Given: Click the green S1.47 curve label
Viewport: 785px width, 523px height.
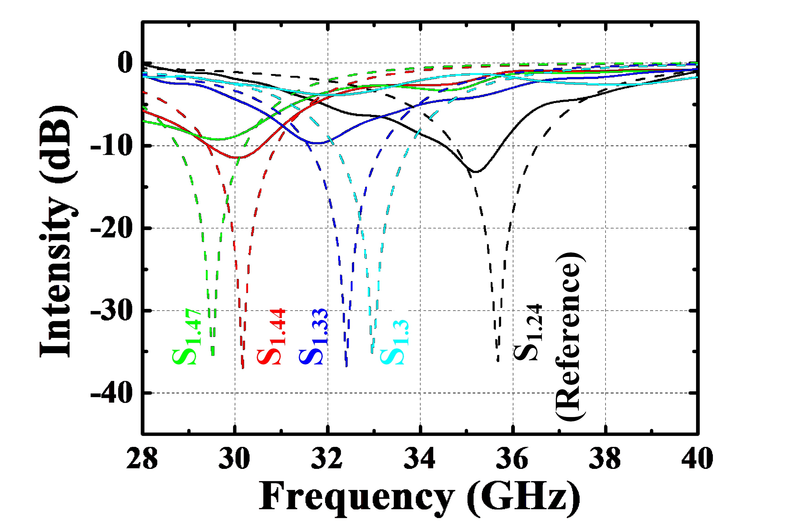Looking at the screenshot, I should point(187,337).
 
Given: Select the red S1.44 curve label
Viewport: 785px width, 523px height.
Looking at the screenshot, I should point(271,337).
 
